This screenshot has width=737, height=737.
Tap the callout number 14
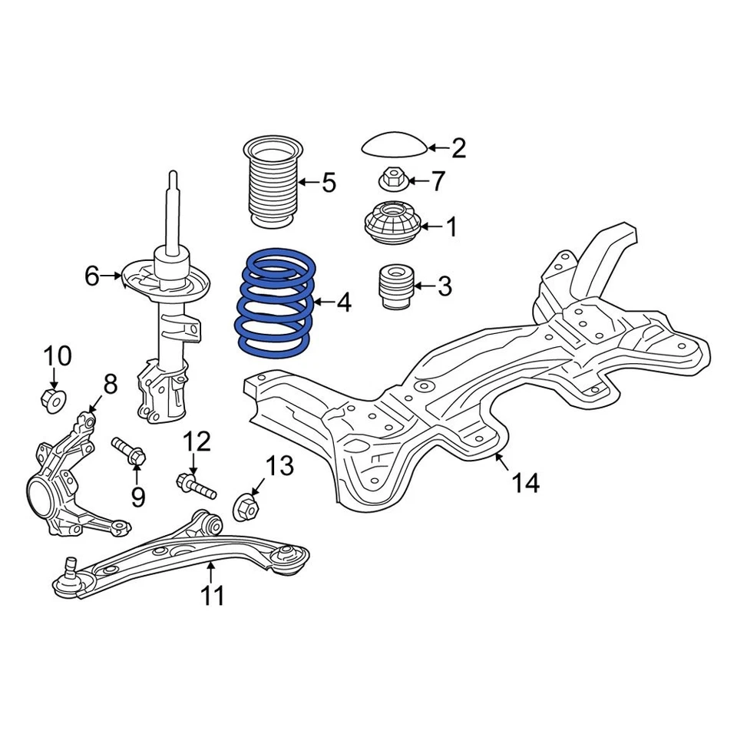526,483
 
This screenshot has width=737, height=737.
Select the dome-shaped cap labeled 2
392,144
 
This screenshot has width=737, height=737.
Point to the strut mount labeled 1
392,225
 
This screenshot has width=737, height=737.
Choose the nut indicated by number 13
245,506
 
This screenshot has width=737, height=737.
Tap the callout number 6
92,276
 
